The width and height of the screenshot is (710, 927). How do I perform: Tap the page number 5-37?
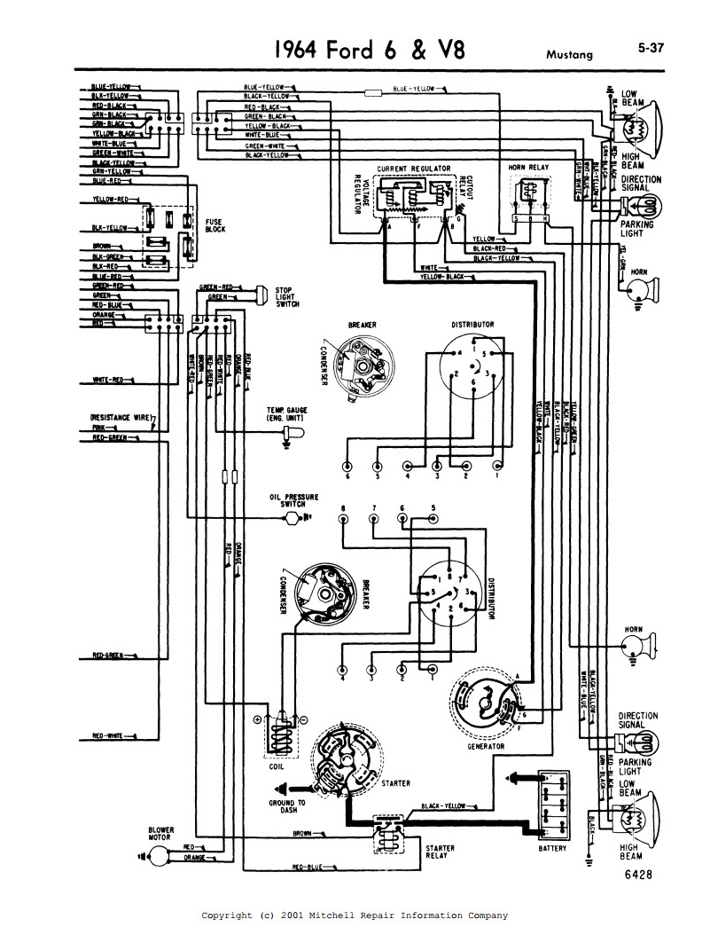[651, 50]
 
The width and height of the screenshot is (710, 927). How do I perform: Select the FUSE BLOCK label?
[215, 226]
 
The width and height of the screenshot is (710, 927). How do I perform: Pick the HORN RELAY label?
[528, 167]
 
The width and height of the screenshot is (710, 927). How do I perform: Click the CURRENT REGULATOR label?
[413, 168]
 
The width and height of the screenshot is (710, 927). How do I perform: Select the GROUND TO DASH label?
[287, 806]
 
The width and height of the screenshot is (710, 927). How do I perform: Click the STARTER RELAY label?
[440, 852]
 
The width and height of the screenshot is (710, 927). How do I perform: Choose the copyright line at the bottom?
[355, 915]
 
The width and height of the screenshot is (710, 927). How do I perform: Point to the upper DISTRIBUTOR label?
[472, 325]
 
